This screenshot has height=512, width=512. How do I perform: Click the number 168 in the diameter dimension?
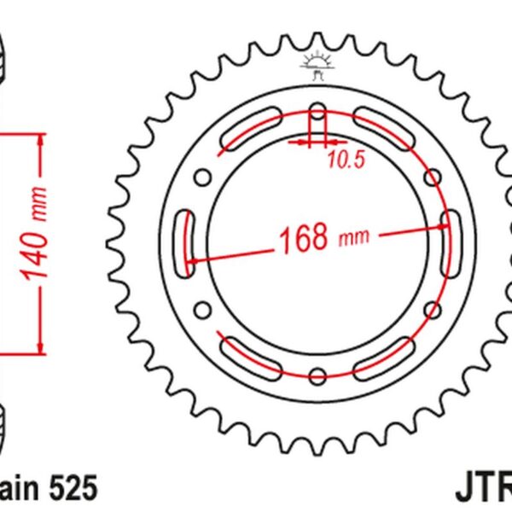302,239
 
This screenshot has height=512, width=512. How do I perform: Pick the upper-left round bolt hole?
203,177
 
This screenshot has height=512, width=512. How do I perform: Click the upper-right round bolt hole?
432,177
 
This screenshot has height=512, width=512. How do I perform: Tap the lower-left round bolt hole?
203,309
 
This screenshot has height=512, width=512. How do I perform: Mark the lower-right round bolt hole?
432,309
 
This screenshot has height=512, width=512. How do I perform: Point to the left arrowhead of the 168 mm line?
195,260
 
